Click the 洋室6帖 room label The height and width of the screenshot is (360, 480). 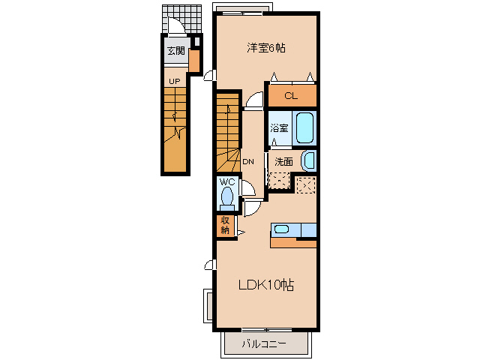click(266, 48)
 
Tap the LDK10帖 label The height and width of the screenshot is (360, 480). click(266, 285)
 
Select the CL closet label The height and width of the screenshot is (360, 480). click(291, 96)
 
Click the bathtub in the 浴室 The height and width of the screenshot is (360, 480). click(304, 128)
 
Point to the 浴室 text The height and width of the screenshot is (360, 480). click(279, 128)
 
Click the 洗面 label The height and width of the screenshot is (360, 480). click(283, 162)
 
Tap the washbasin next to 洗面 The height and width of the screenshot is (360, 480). click(309, 161)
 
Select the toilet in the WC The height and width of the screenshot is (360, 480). click(226, 197)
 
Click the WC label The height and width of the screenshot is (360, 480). click(227, 182)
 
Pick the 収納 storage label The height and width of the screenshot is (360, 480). click(225, 225)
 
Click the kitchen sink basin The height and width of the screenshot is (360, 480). click(281, 229)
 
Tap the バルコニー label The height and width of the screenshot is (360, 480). click(264, 344)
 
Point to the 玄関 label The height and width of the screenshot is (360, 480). click(176, 50)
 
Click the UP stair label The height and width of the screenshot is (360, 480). click(175, 82)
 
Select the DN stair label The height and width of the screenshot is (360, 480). click(248, 162)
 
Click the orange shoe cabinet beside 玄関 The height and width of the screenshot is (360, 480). click(193, 61)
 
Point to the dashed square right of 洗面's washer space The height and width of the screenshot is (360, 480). click(306, 185)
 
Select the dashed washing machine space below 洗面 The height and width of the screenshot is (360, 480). click(279, 181)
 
